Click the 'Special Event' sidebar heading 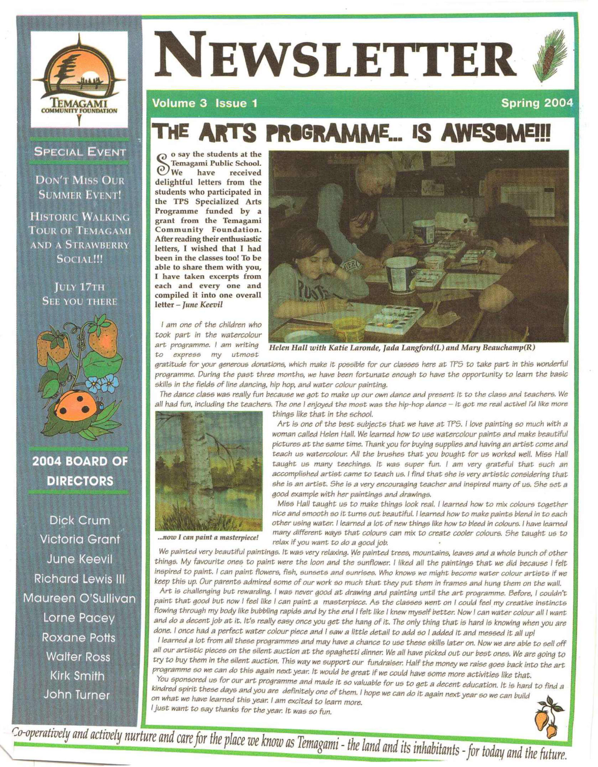point(79,152)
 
